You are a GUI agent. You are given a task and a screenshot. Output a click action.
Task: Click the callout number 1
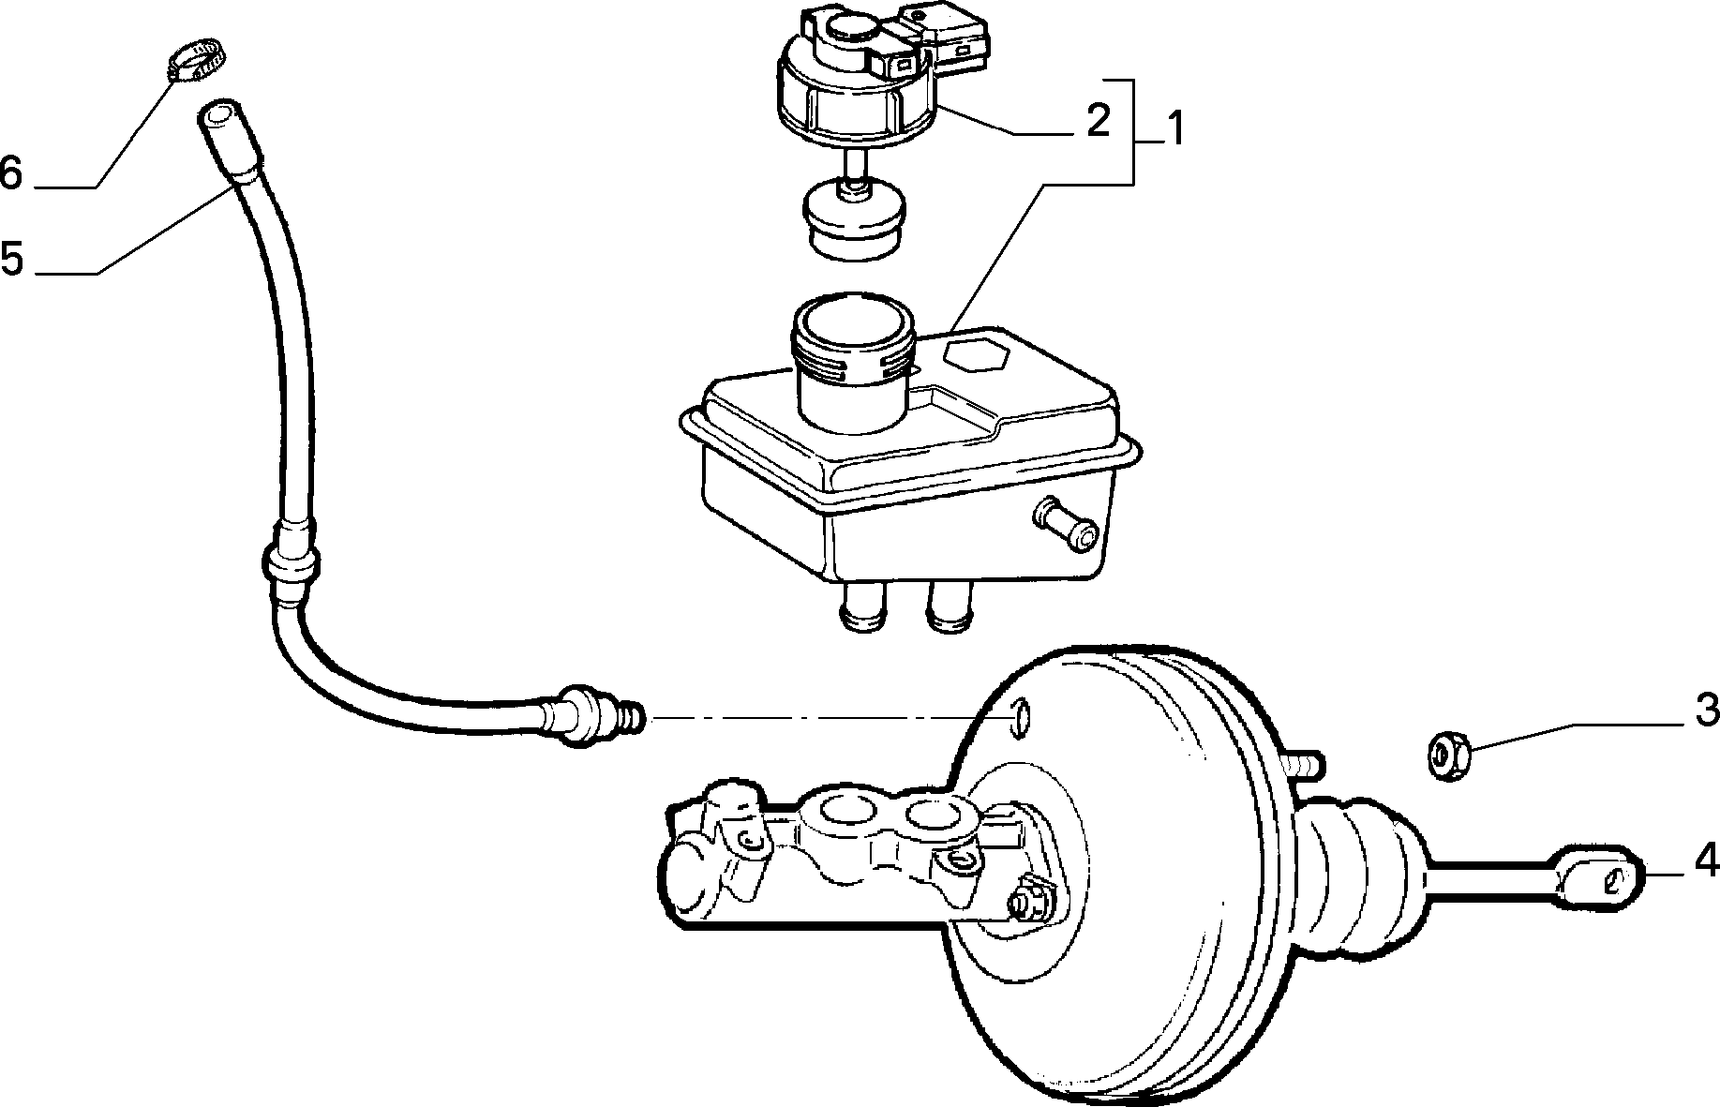(x=1169, y=127)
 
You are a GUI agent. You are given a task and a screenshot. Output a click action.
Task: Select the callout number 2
(x=1097, y=120)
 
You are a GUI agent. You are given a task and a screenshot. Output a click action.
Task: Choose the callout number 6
(x=11, y=172)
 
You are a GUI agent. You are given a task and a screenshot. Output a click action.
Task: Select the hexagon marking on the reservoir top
(x=975, y=357)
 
